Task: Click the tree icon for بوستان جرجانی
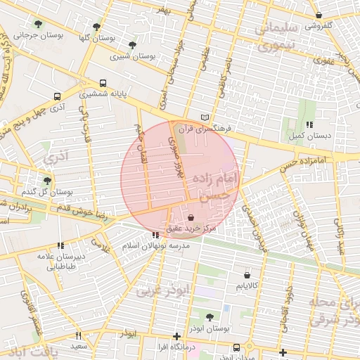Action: coord(58,25)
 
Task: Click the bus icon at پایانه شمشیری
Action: coord(103,82)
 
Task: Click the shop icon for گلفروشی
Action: coord(319,15)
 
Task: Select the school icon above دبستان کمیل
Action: coord(309,124)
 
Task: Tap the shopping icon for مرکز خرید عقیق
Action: coord(192,217)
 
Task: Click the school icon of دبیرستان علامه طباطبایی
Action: coord(60,245)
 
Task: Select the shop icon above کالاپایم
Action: coord(247,275)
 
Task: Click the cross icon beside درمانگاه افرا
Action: coord(176,336)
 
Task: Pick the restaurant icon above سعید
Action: coord(78,336)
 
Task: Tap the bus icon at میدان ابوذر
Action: coord(237,347)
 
